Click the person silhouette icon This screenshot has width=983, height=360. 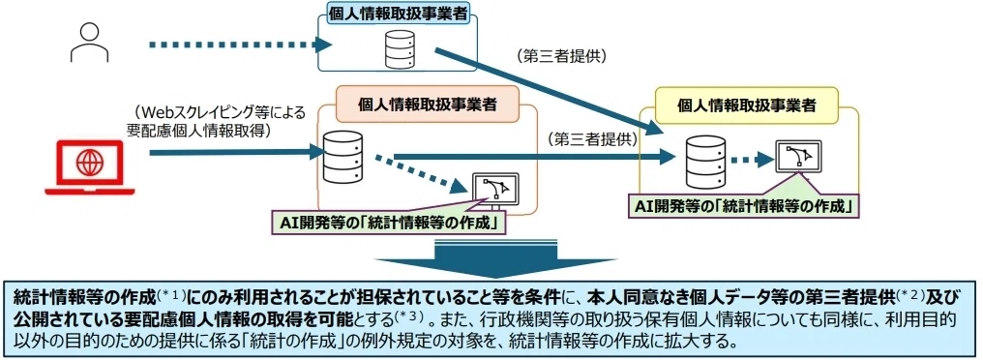point(89,42)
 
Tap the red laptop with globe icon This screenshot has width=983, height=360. point(89,166)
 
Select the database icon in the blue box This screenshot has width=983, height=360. point(399,47)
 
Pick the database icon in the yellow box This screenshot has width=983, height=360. point(705,163)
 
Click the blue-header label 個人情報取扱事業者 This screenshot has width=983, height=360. point(399,14)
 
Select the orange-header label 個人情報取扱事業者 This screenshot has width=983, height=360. point(427,105)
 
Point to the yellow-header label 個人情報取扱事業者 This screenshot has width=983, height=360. point(746,105)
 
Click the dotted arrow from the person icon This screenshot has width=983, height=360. point(240,45)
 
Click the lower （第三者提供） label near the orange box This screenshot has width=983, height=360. point(592,138)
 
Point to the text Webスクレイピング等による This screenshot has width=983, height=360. point(218,113)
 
